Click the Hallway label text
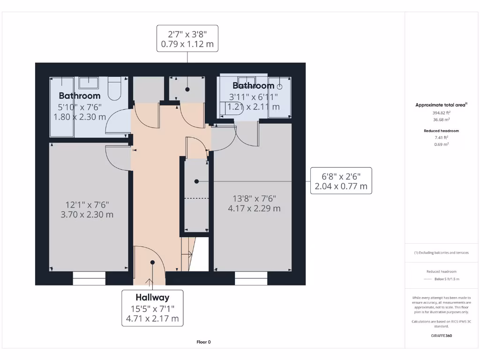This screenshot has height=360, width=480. pyautogui.click(x=152, y=297)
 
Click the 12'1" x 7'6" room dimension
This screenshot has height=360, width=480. pyautogui.click(x=88, y=210)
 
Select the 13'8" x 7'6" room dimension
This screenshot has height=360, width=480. pyautogui.click(x=254, y=203)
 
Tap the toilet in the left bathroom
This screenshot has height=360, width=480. pyautogui.click(x=114, y=89)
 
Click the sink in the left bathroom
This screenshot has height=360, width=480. pyautogui.click(x=88, y=83)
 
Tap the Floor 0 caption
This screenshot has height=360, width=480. pyautogui.click(x=203, y=342)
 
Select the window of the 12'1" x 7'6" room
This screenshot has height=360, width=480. pyautogui.click(x=89, y=281)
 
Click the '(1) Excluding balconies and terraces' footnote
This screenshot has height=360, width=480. pyautogui.click(x=441, y=253)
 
